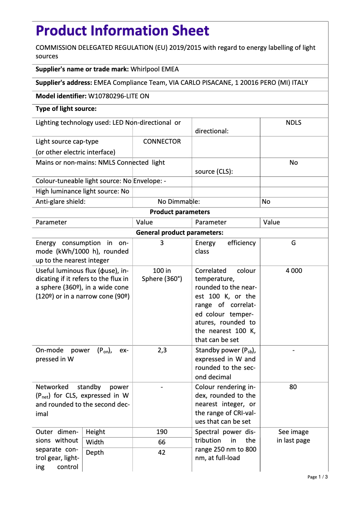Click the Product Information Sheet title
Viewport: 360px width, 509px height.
coord(122,31)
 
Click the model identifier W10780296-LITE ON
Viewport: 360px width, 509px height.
coord(119,96)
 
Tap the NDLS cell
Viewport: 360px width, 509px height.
coord(294,123)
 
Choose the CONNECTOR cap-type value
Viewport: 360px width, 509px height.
coord(162,141)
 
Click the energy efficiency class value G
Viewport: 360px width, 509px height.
coord(294,243)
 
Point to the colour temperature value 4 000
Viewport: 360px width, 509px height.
coord(294,271)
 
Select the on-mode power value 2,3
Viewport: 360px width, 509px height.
coord(162,351)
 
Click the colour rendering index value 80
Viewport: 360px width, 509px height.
coord(293,387)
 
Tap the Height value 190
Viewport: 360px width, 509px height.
coord(162,432)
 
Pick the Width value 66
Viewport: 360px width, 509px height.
coord(162,442)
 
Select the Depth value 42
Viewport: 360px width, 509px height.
coord(162,452)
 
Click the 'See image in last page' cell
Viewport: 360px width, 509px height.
coord(294,436)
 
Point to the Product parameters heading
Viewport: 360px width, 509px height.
coord(180,212)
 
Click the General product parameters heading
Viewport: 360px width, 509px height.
coord(180,233)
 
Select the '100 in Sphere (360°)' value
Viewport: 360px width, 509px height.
coord(162,275)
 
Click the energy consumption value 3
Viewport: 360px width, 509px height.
coord(162,243)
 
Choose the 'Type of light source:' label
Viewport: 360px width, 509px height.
coord(66,109)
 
